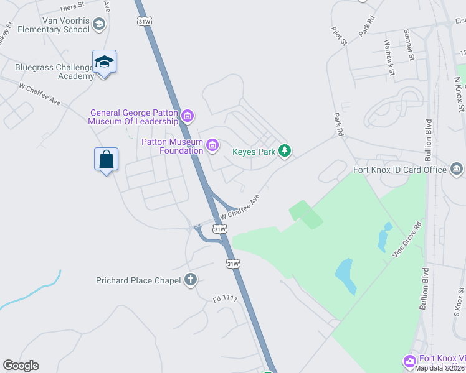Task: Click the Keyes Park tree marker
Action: coord(285,151)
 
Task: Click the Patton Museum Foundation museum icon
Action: coord(212,145)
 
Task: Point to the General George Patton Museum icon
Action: coord(187,116)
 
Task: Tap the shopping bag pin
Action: coord(106,159)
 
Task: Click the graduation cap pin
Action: coord(104,62)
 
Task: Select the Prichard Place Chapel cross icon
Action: coord(191,280)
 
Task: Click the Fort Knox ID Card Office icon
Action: coord(456,169)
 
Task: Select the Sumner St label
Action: coord(409,45)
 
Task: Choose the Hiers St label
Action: coord(73,7)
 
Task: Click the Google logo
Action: coord(21,366)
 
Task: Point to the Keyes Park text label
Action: coord(254,151)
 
